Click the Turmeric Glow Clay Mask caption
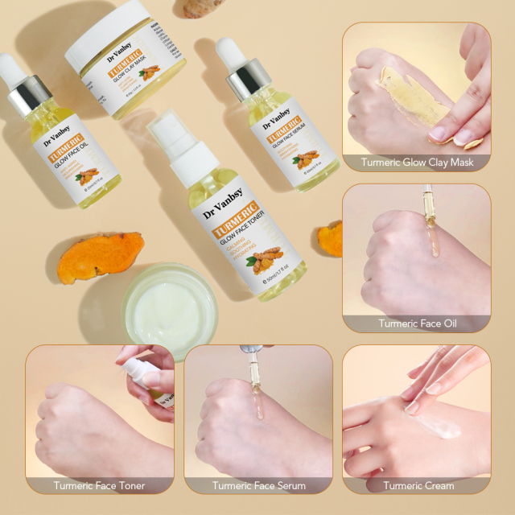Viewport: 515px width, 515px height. coord(417,162)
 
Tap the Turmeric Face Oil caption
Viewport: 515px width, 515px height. coord(417,323)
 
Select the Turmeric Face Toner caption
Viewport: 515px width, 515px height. coord(99,485)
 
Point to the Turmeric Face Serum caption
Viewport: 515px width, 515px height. coord(258,485)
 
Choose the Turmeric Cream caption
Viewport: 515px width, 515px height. coord(418,485)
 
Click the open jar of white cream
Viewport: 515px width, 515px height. coord(170,306)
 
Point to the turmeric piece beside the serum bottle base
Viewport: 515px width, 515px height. coord(331,237)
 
